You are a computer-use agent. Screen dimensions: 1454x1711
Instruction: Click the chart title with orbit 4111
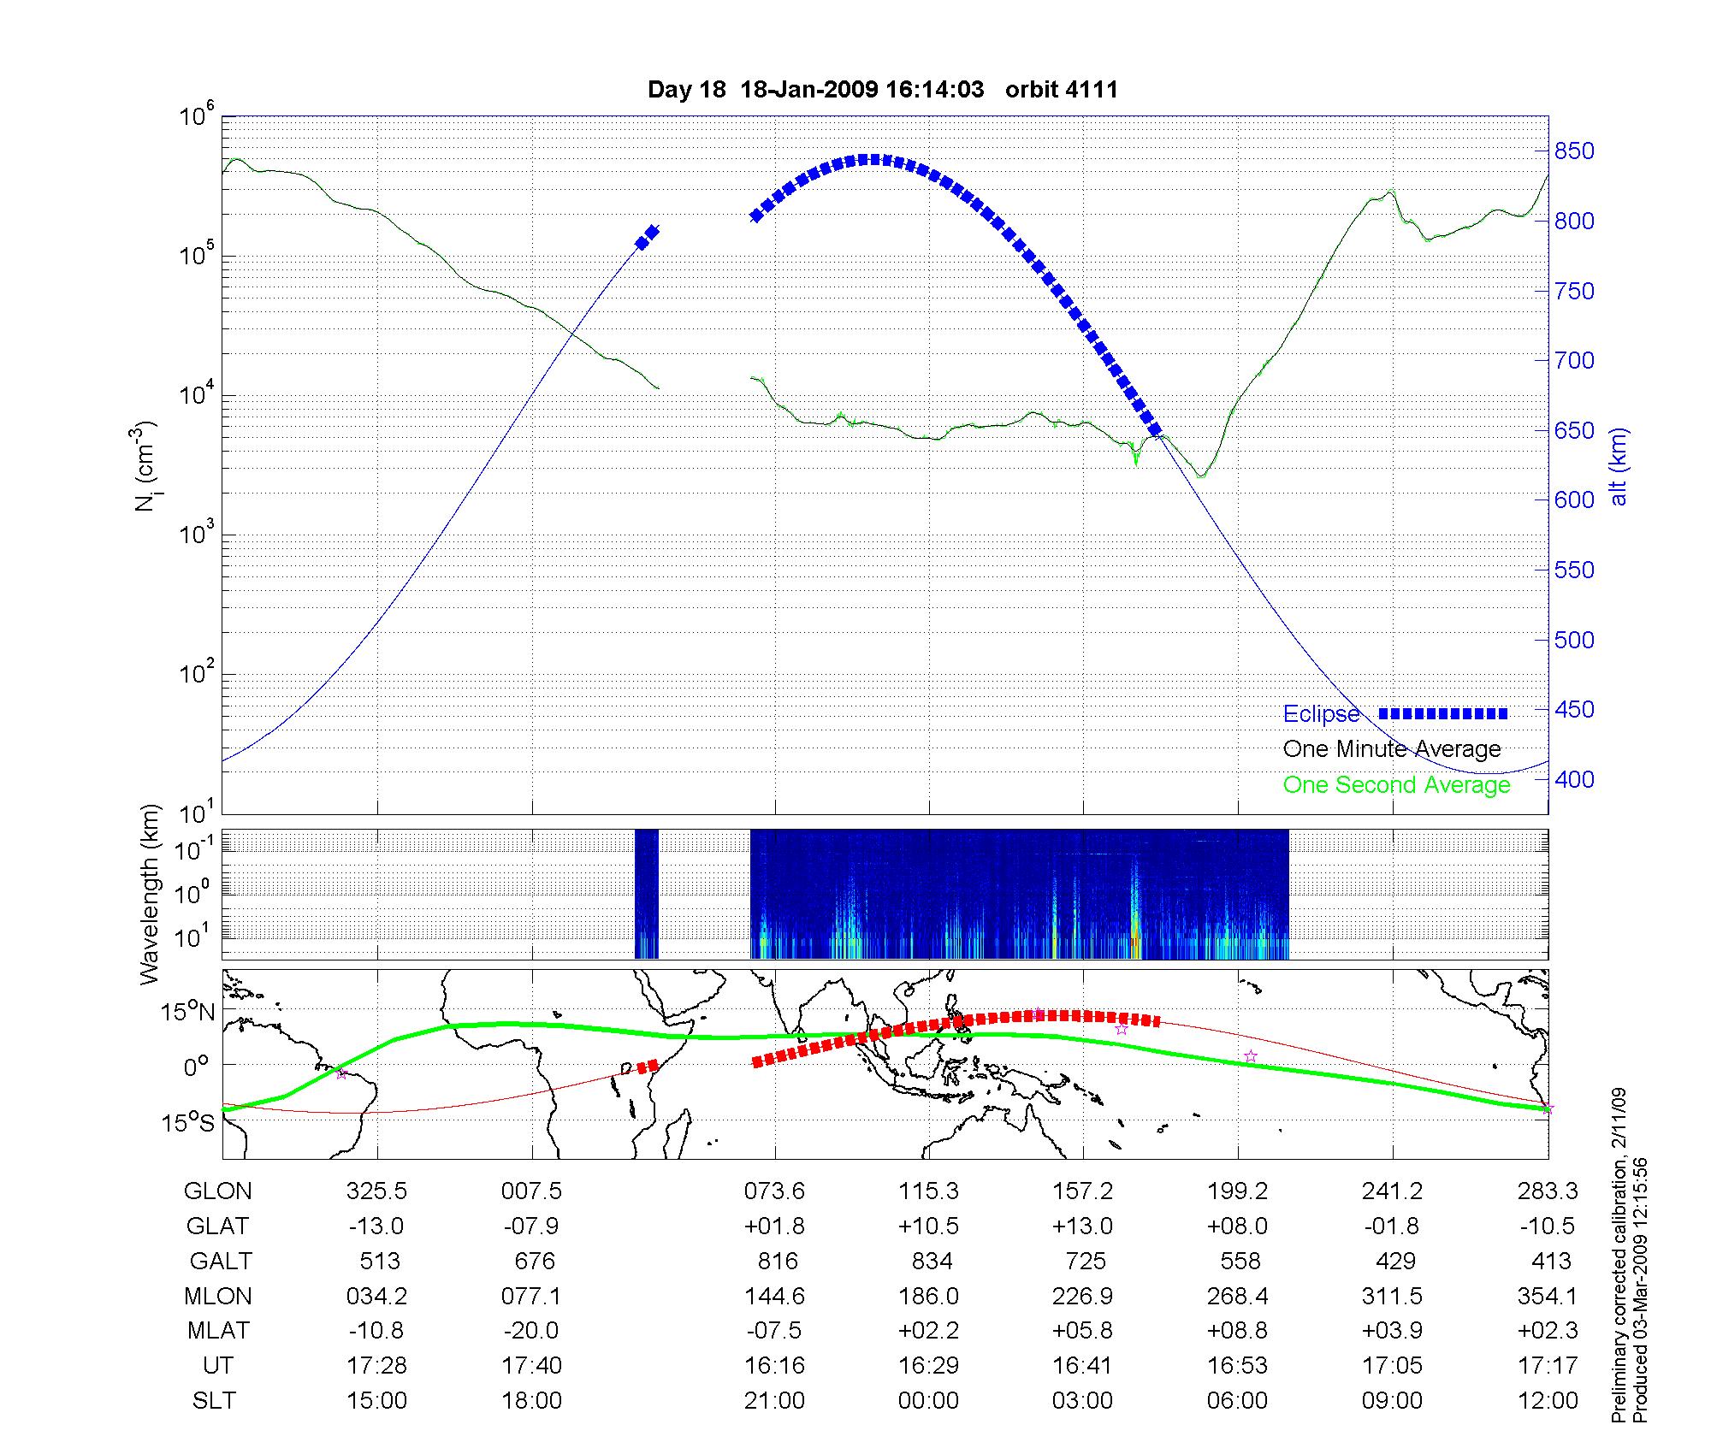point(882,90)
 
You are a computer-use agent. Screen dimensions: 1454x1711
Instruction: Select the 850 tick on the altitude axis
point(1574,151)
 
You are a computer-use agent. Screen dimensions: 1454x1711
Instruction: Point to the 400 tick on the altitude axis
point(1574,780)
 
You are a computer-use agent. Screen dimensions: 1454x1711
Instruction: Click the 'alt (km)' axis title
point(1618,466)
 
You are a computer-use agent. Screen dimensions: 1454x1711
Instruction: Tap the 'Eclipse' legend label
point(1321,714)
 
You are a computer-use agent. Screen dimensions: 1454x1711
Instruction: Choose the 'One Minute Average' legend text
point(1392,749)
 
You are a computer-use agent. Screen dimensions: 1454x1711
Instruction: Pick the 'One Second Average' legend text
point(1396,785)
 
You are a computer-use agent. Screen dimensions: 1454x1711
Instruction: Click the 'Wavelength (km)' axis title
point(151,894)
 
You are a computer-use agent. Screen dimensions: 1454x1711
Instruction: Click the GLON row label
point(218,1191)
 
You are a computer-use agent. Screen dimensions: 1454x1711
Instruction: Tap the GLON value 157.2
point(1083,1191)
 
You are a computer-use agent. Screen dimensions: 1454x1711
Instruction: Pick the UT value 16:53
point(1237,1366)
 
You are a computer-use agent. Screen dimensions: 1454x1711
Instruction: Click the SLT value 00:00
point(928,1401)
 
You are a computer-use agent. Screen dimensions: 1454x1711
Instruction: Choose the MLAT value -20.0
point(531,1331)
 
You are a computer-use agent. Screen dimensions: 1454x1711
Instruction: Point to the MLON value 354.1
point(1547,1297)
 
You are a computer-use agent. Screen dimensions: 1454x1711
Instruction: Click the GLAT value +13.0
point(1082,1226)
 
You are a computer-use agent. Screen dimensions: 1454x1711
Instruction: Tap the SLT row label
point(214,1401)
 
